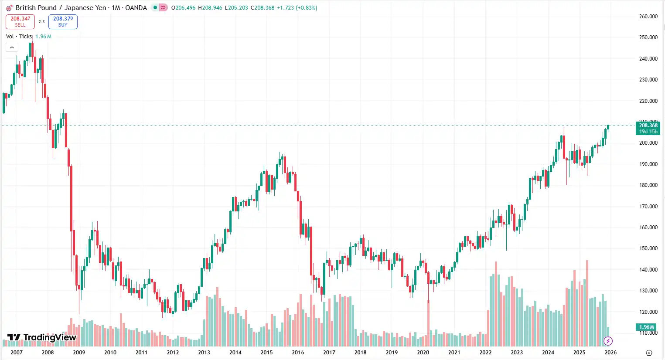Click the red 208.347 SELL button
tap(20, 22)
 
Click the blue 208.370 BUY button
tap(63, 22)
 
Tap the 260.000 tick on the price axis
tap(648, 17)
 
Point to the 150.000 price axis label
tap(648, 248)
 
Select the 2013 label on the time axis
tap(204, 352)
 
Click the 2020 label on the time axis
tap(423, 352)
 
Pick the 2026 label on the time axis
tap(610, 352)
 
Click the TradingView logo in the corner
tap(42, 337)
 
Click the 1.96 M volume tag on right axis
tap(647, 327)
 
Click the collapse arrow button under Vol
tap(12, 48)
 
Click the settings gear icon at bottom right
tap(649, 353)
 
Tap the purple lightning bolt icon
tap(608, 341)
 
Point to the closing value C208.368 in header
tap(263, 8)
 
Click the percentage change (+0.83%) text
tap(307, 8)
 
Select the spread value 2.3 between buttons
tap(41, 22)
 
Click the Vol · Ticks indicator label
tap(19, 37)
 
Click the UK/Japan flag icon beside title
tap(9, 8)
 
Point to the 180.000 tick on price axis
tap(648, 185)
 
